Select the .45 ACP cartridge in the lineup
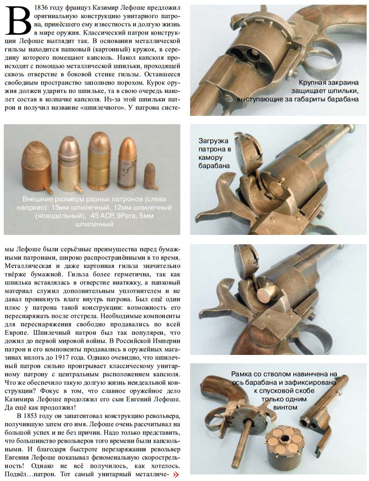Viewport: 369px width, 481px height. coord(99,161)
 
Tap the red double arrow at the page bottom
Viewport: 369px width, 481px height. coord(176,474)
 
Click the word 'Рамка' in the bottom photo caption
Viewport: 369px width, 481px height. coord(242,374)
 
